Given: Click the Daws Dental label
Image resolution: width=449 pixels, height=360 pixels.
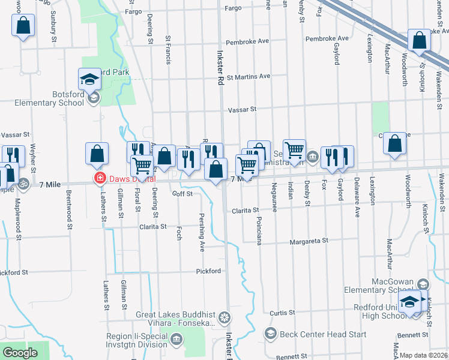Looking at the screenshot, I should [131, 179].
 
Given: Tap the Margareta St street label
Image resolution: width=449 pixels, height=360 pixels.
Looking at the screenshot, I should [309, 241].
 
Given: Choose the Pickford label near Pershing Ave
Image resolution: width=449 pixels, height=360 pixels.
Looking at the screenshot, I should [208, 271].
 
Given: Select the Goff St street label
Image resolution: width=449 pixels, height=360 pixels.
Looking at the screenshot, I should [182, 194].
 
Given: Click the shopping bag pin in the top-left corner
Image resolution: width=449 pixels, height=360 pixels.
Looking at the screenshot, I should [23, 26].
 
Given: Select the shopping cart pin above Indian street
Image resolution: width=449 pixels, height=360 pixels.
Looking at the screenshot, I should [294, 151].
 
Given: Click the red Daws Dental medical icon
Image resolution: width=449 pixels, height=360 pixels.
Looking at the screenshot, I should [97, 178].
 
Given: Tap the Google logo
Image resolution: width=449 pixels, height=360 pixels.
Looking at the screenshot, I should [20, 353].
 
